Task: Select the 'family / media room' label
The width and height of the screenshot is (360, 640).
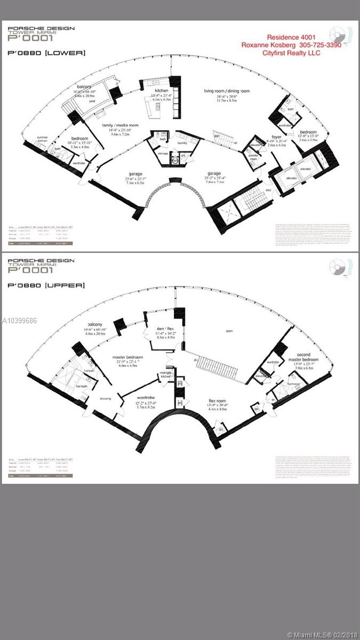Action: pyautogui.click(x=120, y=125)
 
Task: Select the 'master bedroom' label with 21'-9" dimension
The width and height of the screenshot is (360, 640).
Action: pyautogui.click(x=126, y=357)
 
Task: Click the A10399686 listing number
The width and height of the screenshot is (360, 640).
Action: pyautogui.click(x=19, y=321)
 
